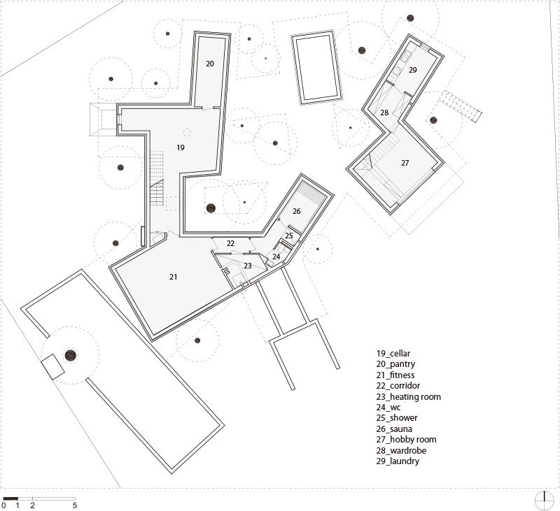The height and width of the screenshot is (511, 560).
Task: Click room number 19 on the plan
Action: (181, 147)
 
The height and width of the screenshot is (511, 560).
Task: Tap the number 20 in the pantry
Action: (210, 64)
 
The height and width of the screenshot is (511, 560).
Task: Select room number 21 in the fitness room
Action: (173, 277)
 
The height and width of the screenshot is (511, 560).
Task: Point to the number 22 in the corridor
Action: (230, 243)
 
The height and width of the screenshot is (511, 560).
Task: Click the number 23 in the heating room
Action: (248, 266)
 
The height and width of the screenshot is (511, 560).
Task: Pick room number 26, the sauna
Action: (297, 212)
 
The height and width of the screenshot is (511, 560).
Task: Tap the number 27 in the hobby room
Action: (405, 164)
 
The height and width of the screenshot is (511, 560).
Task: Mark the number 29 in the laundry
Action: (413, 70)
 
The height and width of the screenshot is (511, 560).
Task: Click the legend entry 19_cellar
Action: (393, 354)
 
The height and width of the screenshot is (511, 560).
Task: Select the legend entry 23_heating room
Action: (409, 397)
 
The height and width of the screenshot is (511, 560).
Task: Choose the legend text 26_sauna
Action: (394, 429)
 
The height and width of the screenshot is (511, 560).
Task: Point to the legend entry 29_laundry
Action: (398, 461)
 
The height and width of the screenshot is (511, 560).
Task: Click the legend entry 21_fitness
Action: (395, 375)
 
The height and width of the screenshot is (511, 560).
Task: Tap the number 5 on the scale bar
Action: (75, 505)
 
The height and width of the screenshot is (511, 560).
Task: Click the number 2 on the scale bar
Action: (32, 505)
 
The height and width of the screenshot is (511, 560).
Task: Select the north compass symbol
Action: (544, 501)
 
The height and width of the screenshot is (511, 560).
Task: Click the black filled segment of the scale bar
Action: (10, 498)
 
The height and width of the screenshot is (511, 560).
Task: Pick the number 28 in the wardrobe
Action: (384, 113)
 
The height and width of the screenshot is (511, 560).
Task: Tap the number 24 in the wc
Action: (276, 257)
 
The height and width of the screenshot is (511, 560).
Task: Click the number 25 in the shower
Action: (289, 236)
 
